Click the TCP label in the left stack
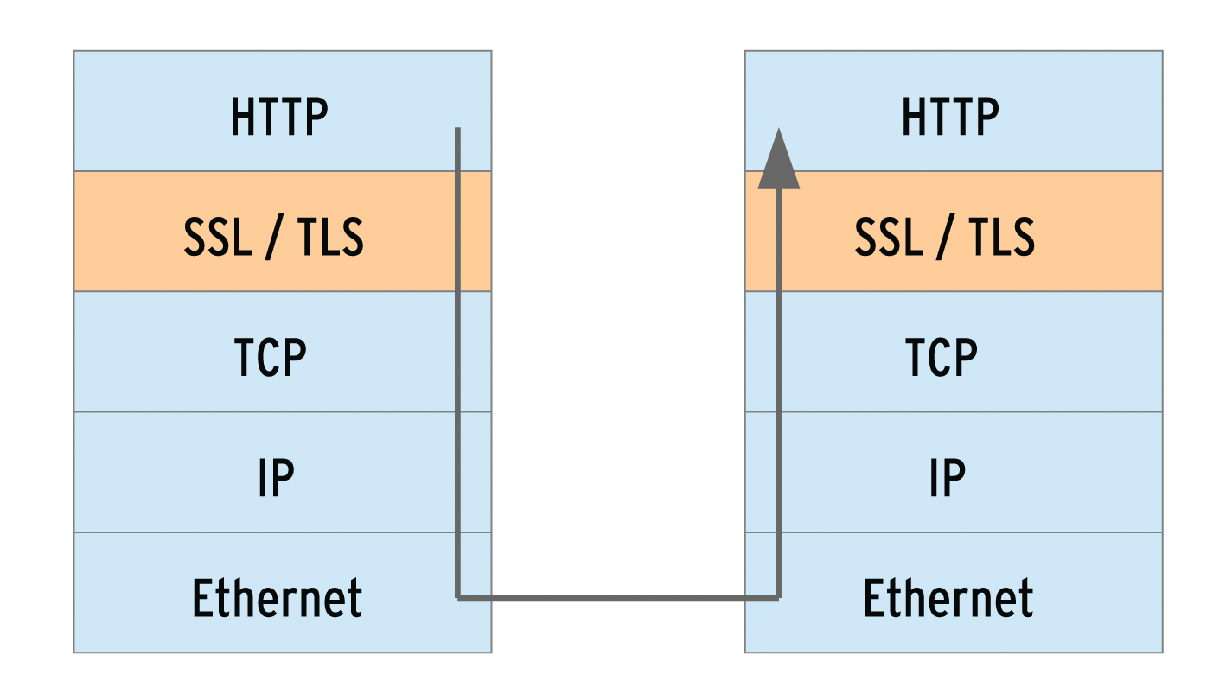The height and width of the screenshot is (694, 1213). point(271,356)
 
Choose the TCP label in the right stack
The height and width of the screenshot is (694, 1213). point(942,356)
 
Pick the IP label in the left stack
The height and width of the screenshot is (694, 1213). point(276,477)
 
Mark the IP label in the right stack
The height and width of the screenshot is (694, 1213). point(947,477)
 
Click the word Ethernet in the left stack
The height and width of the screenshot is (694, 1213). point(277,597)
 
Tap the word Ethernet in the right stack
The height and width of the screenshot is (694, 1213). point(948,597)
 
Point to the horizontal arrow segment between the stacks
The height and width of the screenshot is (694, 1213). point(618,597)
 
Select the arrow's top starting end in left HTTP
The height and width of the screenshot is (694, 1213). point(457,131)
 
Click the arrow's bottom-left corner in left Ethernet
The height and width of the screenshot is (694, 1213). point(458,597)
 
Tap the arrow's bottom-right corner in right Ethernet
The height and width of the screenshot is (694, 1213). point(778,597)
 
